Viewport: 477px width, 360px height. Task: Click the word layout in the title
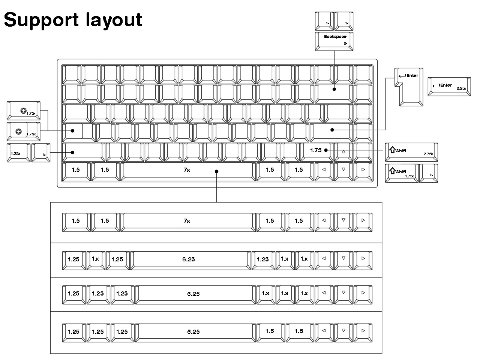pos(114,19)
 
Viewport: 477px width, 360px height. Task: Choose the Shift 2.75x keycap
pos(411,151)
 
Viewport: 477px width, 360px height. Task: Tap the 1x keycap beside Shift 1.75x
pos(429,173)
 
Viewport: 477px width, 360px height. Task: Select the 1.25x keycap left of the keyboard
pos(18,152)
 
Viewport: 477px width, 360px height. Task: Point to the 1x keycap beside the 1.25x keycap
pos(41,153)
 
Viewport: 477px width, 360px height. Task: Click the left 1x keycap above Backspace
pos(324,21)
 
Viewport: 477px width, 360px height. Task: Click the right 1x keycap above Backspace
pos(344,21)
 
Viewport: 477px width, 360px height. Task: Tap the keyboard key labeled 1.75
pos(316,150)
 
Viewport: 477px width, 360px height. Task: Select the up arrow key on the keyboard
pos(343,151)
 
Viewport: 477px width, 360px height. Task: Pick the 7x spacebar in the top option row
pos(187,221)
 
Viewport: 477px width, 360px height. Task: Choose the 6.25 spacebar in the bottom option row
pos(193,331)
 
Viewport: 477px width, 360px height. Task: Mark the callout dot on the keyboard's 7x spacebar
pos(216,172)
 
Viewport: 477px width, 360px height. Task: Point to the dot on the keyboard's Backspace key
pos(334,89)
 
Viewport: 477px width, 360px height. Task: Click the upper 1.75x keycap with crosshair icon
pos(24,111)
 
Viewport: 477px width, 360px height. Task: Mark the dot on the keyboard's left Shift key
pos(73,152)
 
